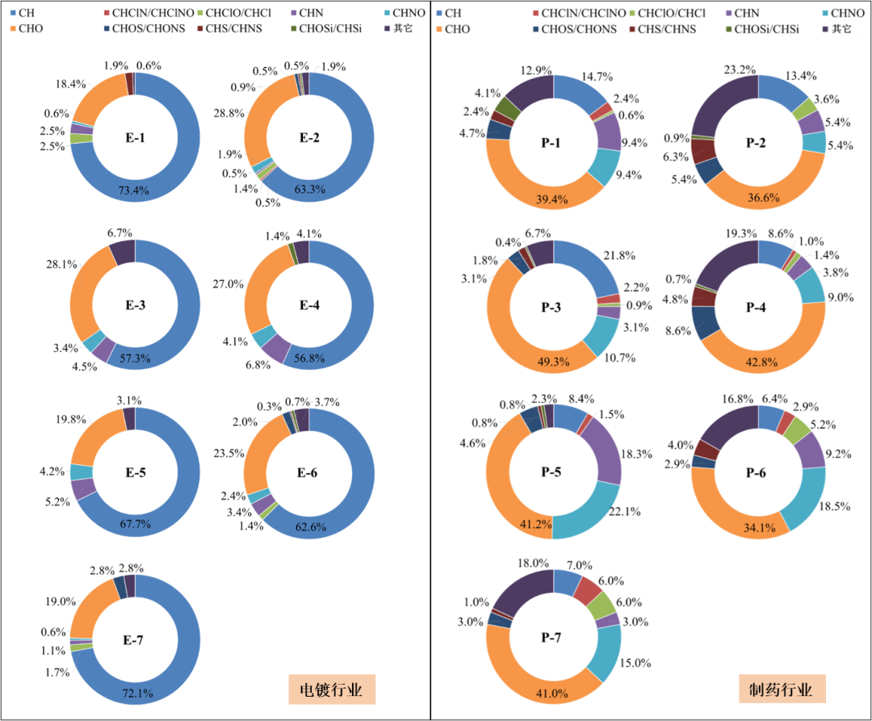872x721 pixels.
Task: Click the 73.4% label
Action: [135, 191]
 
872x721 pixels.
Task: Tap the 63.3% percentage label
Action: [309, 191]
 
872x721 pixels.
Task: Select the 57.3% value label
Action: [135, 358]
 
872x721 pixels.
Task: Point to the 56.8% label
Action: [309, 358]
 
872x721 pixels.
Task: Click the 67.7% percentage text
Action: [135, 525]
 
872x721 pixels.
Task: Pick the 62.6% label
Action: [309, 527]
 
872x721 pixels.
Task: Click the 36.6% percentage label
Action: [759, 196]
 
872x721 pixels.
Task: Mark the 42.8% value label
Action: [759, 363]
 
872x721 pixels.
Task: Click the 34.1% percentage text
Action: [759, 528]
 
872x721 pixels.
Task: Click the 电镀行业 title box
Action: [332, 690]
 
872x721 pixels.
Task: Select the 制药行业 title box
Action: [782, 690]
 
